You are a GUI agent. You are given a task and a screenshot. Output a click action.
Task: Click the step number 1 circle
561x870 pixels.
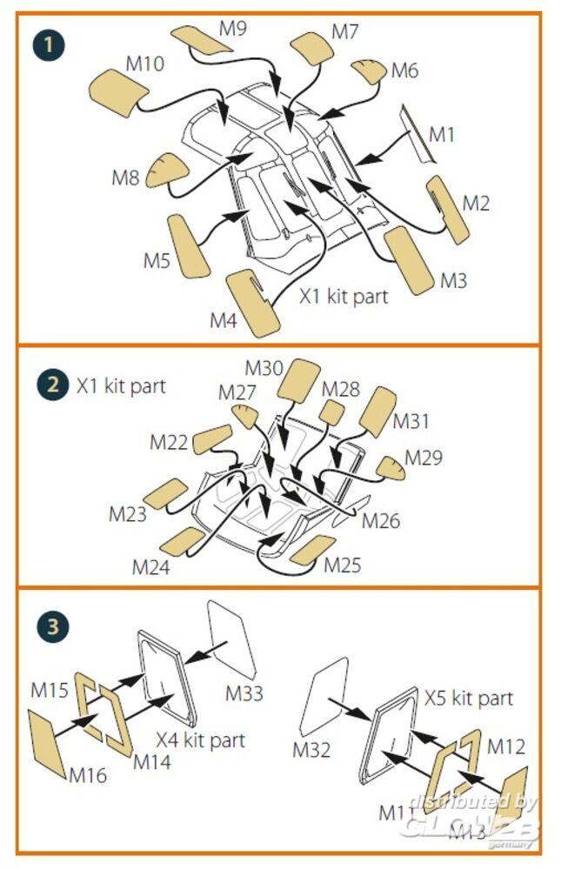[x=50, y=43]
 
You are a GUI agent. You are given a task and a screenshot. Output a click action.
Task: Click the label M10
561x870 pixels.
[x=145, y=64]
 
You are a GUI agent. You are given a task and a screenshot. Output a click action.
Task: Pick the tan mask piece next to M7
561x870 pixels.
[x=312, y=47]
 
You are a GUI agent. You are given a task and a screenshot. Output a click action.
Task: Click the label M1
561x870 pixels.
[x=442, y=134]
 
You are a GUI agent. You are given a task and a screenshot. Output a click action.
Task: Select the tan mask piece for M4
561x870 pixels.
[x=253, y=304]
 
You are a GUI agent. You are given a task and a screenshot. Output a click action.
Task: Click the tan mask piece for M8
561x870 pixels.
[x=163, y=171]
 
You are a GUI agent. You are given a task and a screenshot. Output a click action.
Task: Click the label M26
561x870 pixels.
[x=381, y=520]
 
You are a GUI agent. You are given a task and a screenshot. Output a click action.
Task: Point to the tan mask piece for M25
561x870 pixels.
[x=311, y=551]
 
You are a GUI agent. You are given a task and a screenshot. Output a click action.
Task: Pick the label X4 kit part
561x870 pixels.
[x=201, y=739]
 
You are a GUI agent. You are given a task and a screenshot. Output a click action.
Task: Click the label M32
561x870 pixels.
[x=311, y=748]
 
